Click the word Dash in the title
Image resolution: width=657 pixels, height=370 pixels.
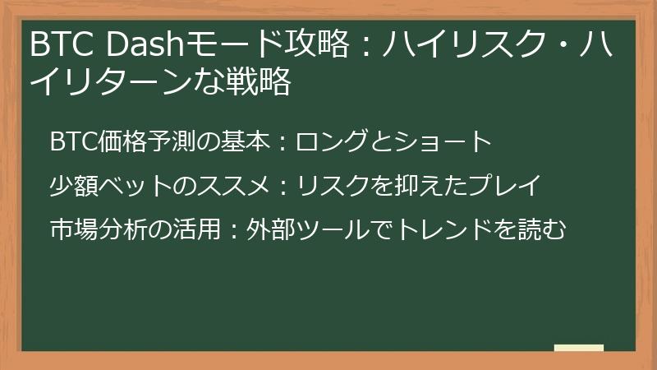pos(145,44)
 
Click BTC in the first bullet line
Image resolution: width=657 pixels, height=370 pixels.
pos(74,141)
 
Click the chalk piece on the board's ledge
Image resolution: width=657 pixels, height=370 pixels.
pos(579,348)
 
